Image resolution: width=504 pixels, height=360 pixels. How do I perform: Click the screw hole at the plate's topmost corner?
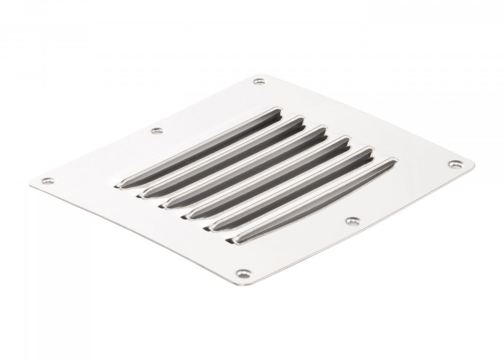point(259,82)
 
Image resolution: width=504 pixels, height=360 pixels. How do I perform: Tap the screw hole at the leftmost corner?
point(46,179)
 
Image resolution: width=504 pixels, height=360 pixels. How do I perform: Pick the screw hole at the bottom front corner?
point(241,273)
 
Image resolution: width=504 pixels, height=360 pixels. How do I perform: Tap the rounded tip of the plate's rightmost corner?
point(472,164)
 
